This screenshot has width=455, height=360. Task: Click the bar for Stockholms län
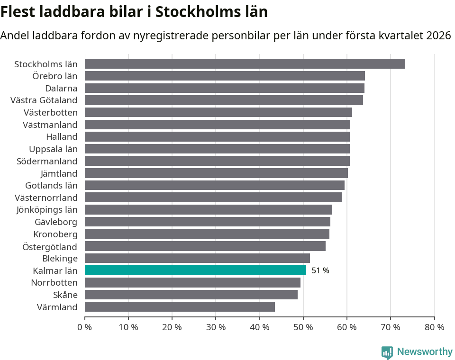[245, 64]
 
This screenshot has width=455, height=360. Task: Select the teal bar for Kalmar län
[195, 270]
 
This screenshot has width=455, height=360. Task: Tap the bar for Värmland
[180, 307]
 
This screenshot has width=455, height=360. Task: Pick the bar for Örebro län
[225, 76]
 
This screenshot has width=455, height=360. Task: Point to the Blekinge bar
[197, 258]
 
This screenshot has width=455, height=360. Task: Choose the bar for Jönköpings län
[208, 209]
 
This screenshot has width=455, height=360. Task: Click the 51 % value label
[320, 270]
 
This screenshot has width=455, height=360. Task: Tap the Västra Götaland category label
[44, 100]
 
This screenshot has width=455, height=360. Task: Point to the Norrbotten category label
[54, 283]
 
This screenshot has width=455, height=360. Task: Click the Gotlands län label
[51, 185]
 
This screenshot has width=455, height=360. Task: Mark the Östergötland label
[50, 246]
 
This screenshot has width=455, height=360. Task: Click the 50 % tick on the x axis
[303, 327]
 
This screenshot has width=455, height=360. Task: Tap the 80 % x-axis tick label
[434, 327]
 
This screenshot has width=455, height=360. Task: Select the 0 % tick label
[84, 327]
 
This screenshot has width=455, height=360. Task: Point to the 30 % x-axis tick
[216, 327]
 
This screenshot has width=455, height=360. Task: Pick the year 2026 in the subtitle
[438, 36]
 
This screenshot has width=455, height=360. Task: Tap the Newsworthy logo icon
[387, 352]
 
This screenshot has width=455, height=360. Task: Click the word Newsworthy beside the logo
[425, 352]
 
